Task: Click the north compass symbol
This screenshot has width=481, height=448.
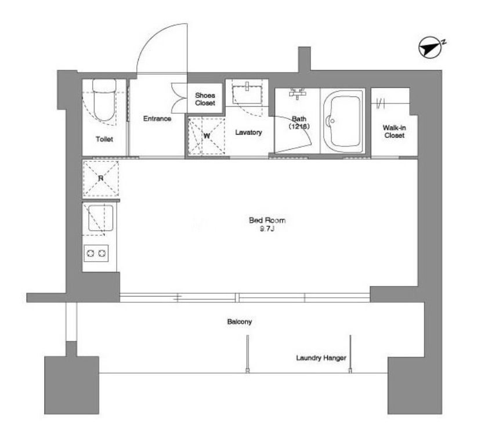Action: tap(431, 47)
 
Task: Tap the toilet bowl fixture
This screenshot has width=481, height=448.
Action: tap(104, 100)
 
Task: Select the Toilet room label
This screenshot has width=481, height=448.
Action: tap(104, 139)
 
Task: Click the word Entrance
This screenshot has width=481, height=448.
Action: tap(157, 118)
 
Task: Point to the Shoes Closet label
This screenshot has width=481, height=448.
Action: tap(205, 99)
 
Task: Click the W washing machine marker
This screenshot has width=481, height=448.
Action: tap(207, 136)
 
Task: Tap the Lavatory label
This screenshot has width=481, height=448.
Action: tap(248, 132)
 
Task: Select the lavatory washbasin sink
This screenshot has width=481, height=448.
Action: tap(247, 94)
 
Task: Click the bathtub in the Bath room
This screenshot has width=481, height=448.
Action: tap(343, 121)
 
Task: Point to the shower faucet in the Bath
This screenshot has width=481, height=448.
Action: tap(297, 93)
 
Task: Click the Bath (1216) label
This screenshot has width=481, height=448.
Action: tap(299, 122)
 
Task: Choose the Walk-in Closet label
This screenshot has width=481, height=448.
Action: tap(394, 131)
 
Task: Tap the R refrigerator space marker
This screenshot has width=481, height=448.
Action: tap(100, 178)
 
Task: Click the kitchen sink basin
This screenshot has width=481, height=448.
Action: tap(100, 218)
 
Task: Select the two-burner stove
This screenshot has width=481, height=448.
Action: tap(96, 253)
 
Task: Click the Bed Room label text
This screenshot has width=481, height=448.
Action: tap(267, 220)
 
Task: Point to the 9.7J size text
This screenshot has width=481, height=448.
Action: tap(267, 229)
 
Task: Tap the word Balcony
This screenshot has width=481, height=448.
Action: tap(240, 321)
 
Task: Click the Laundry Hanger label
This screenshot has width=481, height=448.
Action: tap(321, 358)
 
